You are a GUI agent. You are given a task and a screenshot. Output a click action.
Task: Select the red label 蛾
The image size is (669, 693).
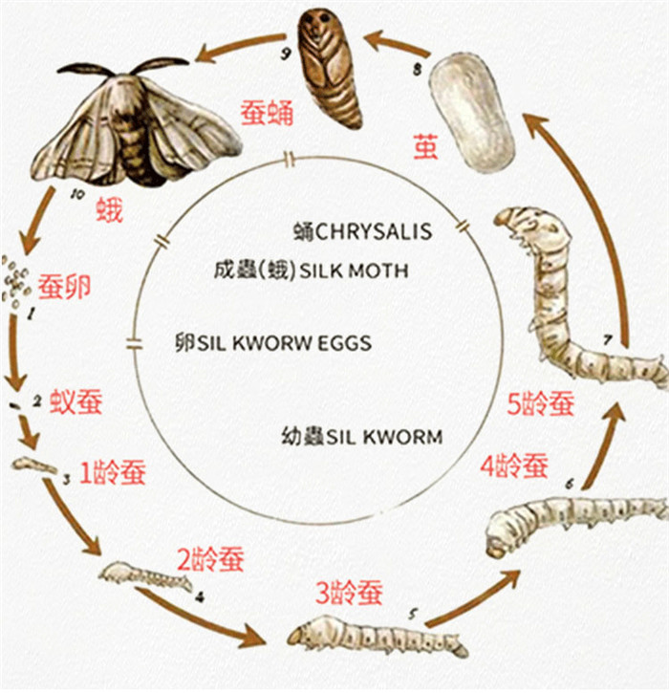pos(110,209)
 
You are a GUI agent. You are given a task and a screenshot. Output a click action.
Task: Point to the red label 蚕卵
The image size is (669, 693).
pos(64,284)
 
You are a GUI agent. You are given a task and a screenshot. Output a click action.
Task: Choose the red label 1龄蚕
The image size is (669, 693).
pos(113,471)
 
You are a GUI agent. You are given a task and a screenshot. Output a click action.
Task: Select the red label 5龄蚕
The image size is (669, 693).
pos(541,404)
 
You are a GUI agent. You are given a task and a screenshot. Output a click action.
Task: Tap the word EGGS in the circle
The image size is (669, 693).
pos(346,342)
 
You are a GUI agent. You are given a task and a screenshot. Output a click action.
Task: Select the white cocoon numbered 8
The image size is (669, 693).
pos(471,113)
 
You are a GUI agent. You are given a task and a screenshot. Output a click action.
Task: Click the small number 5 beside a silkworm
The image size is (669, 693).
pos(413,613)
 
